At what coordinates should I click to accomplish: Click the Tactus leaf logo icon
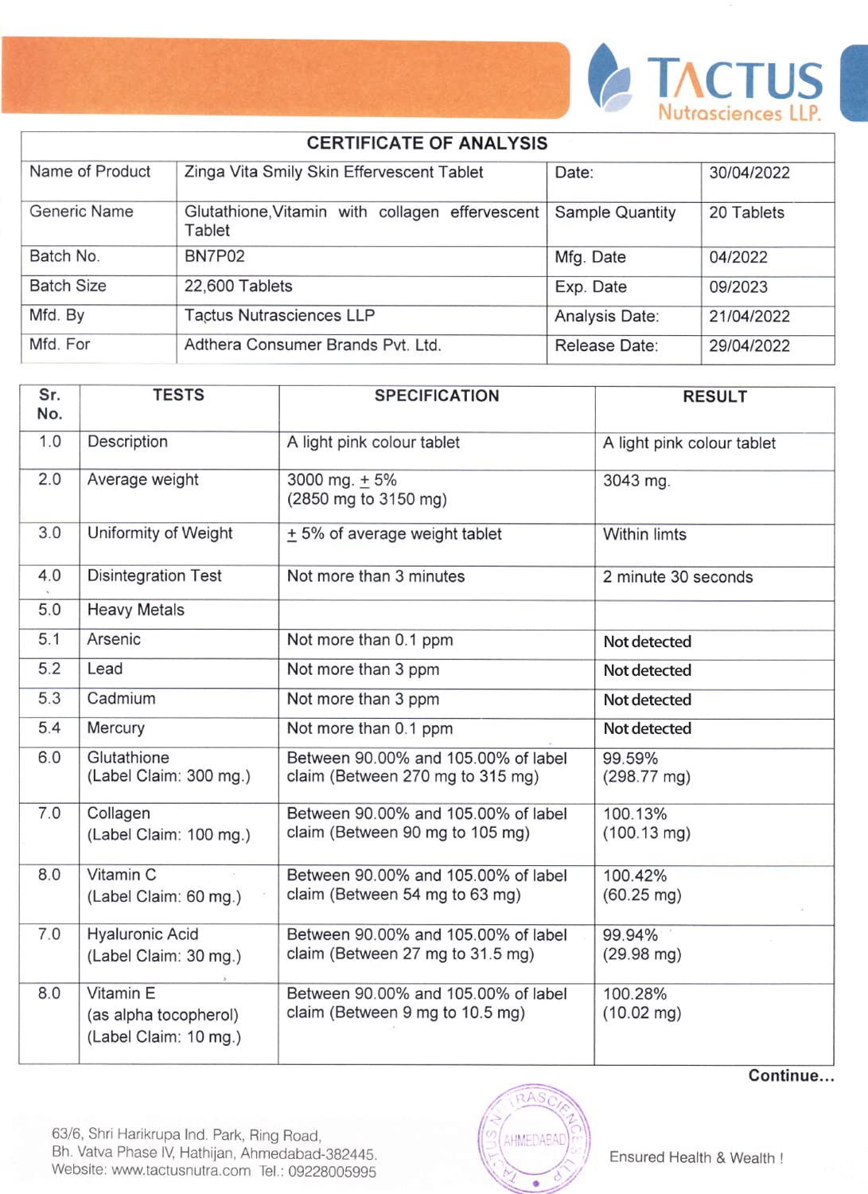click(609, 77)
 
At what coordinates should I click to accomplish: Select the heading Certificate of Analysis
click(427, 143)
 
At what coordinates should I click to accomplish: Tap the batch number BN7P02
click(215, 256)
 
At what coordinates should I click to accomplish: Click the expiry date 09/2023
click(738, 287)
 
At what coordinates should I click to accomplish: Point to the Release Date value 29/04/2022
click(749, 345)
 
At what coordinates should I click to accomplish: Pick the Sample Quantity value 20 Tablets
click(746, 213)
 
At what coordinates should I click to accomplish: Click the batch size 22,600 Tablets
click(239, 286)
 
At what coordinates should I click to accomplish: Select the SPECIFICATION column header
click(437, 396)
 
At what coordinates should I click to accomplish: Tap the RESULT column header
click(714, 396)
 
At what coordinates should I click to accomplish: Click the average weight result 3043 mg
click(636, 481)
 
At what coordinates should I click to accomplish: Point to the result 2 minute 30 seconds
click(678, 577)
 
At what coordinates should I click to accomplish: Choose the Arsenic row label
click(114, 639)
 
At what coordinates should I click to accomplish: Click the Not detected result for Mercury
click(648, 728)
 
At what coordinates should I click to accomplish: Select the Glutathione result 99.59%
click(630, 759)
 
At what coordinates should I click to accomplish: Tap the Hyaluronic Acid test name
click(142, 935)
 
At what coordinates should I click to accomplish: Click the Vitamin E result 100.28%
click(635, 994)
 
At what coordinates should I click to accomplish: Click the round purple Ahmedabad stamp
click(535, 1138)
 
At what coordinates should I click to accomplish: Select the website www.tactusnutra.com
click(181, 1171)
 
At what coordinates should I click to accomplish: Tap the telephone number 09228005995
click(332, 1172)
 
